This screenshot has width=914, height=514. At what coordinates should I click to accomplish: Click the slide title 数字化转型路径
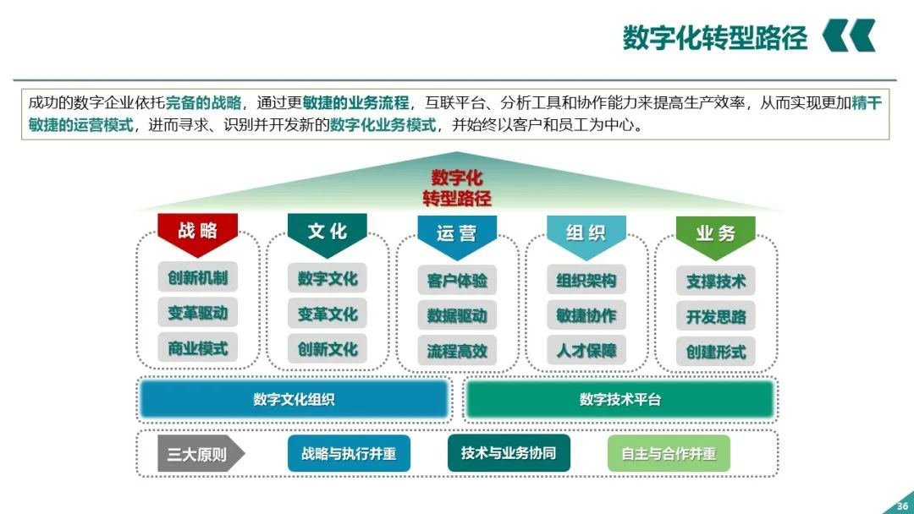click(x=715, y=38)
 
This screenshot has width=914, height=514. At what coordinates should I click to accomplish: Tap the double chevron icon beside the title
click(x=849, y=36)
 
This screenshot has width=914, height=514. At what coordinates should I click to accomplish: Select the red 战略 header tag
click(x=197, y=232)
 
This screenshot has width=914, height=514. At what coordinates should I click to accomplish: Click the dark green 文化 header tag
click(x=327, y=232)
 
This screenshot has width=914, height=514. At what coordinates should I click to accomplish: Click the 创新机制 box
click(x=197, y=277)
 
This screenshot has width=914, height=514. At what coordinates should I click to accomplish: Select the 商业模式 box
click(x=197, y=347)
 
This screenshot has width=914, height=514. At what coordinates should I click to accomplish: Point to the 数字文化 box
click(x=328, y=278)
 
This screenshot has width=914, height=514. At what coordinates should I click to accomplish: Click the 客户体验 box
click(x=457, y=281)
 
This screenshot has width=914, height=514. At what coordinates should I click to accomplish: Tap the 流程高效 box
click(x=457, y=351)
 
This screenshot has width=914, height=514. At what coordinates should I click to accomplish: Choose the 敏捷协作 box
click(x=586, y=315)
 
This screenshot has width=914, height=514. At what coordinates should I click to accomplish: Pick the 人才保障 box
click(x=586, y=350)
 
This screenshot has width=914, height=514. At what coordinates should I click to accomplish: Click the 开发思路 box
click(x=716, y=317)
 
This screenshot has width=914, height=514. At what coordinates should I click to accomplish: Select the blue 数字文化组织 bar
click(x=294, y=399)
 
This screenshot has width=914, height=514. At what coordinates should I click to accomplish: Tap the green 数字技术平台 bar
click(x=619, y=399)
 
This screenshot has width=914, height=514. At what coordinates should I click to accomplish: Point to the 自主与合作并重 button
click(x=669, y=454)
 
